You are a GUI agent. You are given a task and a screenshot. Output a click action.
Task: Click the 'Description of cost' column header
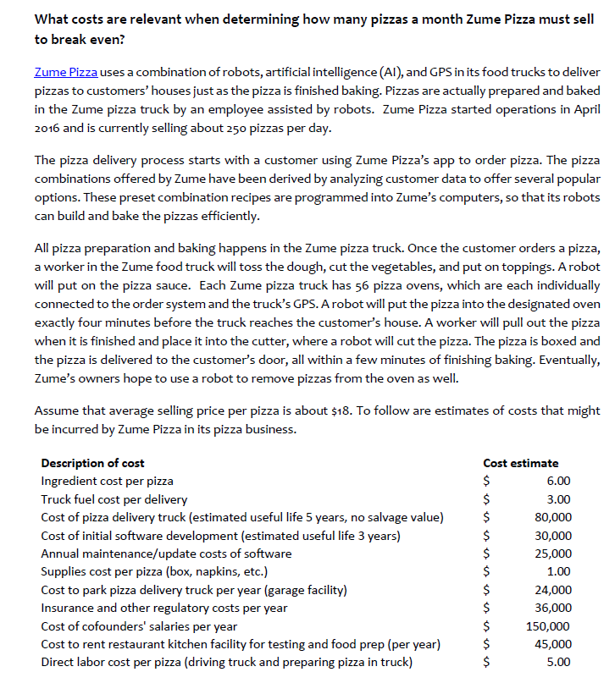tap(92, 463)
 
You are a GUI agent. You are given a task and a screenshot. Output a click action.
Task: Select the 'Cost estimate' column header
tap(520, 463)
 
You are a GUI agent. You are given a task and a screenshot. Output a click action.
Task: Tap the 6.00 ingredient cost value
tap(559, 481)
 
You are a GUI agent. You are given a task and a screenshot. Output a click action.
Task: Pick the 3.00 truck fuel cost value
tap(559, 499)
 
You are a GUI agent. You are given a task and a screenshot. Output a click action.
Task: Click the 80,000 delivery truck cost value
tap(553, 517)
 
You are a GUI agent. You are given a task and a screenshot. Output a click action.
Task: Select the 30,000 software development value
tap(553, 536)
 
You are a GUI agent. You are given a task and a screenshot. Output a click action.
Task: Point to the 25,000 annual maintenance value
tap(553, 554)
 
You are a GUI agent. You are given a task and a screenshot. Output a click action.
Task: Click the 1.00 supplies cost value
tap(559, 571)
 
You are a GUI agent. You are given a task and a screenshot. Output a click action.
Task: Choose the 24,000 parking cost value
tap(553, 590)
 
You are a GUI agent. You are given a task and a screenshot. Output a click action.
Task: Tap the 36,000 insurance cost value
tap(553, 608)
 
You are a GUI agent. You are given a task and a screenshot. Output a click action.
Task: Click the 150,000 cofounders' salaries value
tap(551, 626)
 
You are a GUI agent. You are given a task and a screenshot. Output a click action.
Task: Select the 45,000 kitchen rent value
tap(553, 644)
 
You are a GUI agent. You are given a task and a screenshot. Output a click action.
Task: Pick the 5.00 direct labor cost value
tap(559, 662)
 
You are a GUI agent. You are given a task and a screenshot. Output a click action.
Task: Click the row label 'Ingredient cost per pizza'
tap(107, 481)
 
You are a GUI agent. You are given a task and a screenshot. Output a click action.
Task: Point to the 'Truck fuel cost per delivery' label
tap(114, 499)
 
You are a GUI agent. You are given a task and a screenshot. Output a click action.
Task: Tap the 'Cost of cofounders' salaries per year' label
tap(139, 626)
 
